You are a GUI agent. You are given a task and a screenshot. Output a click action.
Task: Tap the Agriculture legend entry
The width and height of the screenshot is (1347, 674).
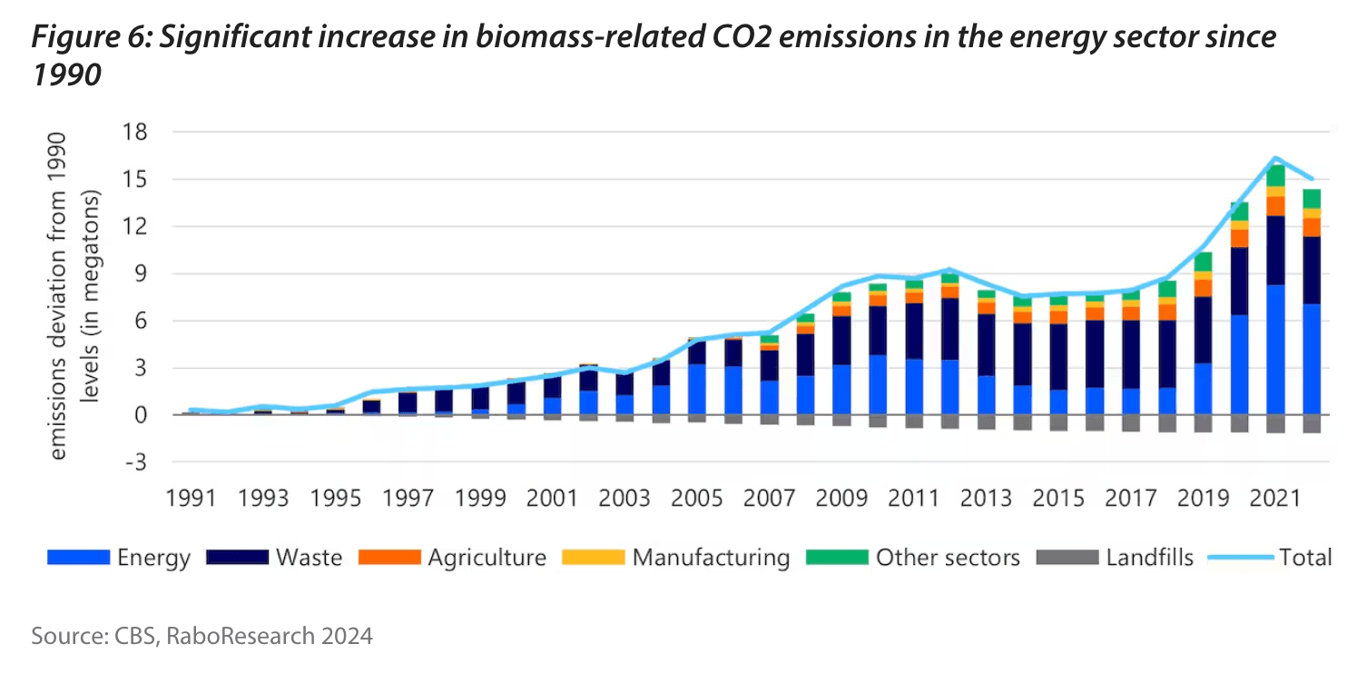454,557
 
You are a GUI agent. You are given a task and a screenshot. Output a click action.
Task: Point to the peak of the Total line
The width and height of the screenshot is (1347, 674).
1276,158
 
